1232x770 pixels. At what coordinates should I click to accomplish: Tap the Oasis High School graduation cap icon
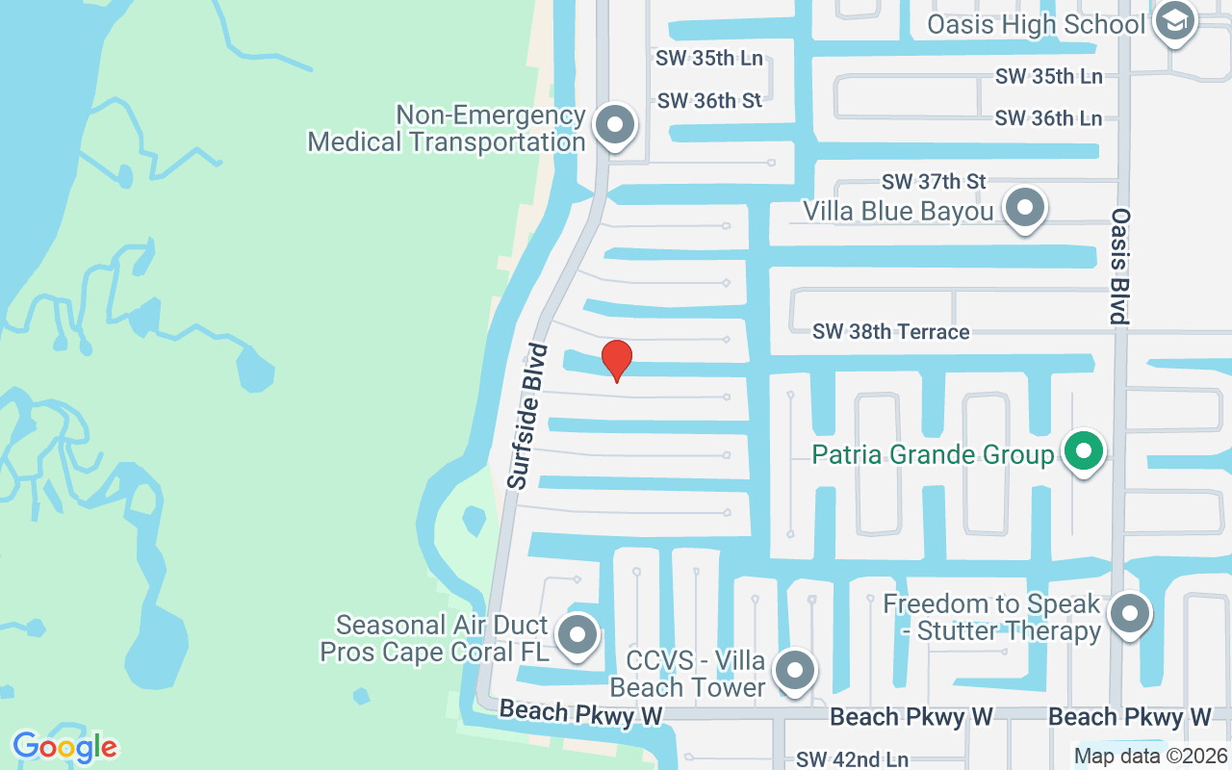point(1173,22)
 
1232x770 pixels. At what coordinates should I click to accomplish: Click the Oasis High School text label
point(1036,24)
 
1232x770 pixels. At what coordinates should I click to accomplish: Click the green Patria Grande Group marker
point(1084,450)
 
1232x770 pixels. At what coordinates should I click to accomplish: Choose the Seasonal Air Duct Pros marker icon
point(577,634)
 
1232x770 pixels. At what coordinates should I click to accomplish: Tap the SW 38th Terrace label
point(890,332)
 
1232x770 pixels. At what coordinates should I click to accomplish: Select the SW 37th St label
point(934,181)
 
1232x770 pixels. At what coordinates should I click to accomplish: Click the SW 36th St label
point(709,100)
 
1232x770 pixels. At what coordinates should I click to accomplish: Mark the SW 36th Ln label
point(1048,118)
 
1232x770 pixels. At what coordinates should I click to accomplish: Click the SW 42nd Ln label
point(852,759)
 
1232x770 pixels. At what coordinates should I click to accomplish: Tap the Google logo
point(64,747)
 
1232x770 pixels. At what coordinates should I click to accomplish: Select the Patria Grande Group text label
point(933,454)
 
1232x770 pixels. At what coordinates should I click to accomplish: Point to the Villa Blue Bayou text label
point(898,211)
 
